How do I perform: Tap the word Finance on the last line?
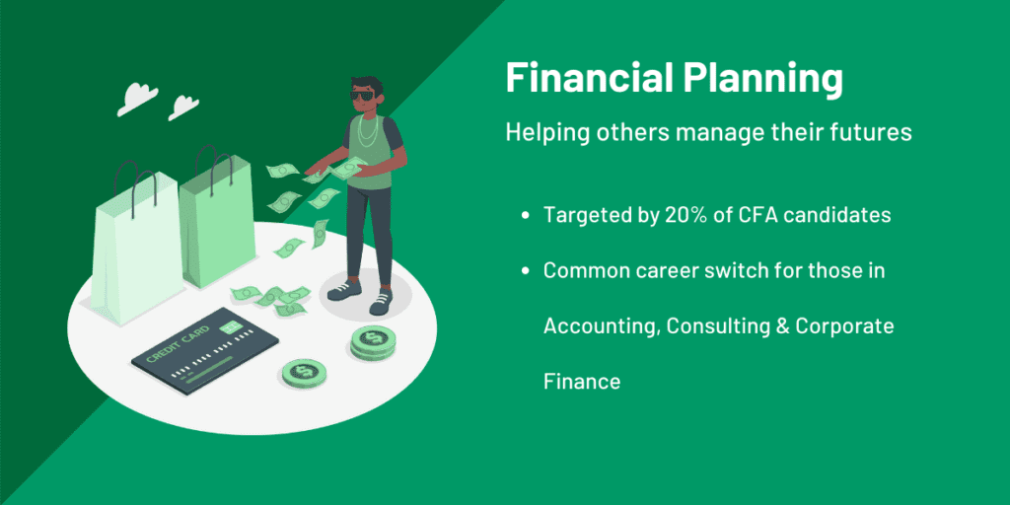point(582,382)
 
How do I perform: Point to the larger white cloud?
point(137,98)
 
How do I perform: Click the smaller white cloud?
point(183,107)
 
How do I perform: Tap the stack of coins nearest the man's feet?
point(374,341)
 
